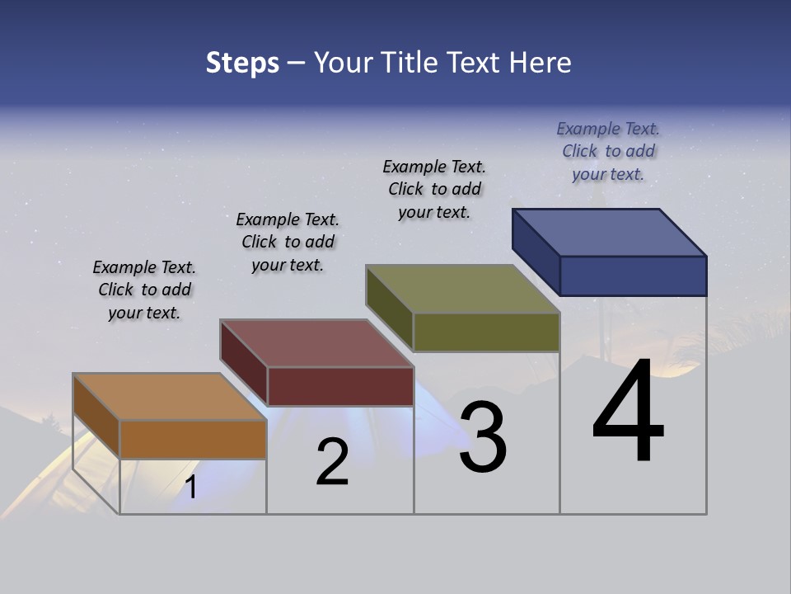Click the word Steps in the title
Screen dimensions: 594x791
(x=242, y=63)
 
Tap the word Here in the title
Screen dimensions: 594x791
(x=541, y=63)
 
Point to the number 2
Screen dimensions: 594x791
(x=332, y=461)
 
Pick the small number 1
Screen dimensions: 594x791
(x=191, y=487)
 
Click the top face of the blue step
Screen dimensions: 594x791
(x=609, y=233)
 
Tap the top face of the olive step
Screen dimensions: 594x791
(x=462, y=289)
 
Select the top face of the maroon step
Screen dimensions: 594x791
(x=316, y=343)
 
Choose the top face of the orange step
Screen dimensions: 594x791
(x=170, y=397)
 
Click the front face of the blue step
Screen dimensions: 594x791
(x=633, y=276)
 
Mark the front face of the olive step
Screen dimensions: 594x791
(x=486, y=332)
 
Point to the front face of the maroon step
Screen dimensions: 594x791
(x=340, y=386)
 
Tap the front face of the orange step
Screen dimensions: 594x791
(x=193, y=439)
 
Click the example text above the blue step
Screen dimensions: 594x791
(x=608, y=151)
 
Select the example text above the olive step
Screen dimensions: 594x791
(x=434, y=189)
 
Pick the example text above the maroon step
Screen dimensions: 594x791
(x=288, y=242)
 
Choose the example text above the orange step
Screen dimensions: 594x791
(x=144, y=290)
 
